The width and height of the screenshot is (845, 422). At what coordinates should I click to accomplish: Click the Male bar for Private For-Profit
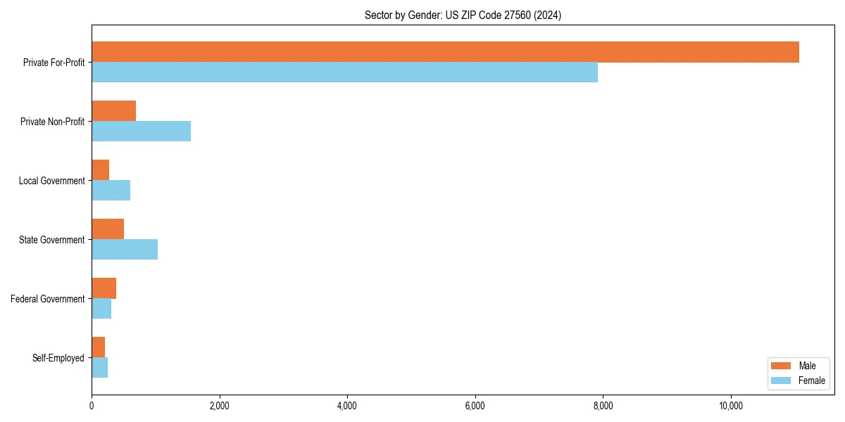tap(445, 52)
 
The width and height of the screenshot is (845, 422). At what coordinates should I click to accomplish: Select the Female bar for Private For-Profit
tap(344, 72)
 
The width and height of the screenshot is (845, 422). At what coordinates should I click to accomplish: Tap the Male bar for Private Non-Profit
tap(113, 111)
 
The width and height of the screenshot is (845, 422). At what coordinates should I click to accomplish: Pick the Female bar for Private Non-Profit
tap(141, 132)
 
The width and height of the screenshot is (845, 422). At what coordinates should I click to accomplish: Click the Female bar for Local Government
tap(111, 191)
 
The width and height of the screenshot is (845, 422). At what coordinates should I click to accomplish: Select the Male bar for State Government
tap(108, 229)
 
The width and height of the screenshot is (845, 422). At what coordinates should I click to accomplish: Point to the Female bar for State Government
tap(125, 250)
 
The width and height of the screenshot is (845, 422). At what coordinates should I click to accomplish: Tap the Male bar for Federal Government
tap(104, 288)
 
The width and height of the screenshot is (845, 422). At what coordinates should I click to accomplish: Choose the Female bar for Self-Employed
tap(99, 368)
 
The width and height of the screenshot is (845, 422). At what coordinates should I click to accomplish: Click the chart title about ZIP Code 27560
tap(463, 15)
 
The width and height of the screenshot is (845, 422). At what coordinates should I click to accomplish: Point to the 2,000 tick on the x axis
tap(220, 406)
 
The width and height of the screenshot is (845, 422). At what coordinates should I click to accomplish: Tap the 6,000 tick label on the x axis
tap(475, 406)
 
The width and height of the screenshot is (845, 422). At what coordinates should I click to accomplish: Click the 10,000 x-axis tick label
tap(731, 406)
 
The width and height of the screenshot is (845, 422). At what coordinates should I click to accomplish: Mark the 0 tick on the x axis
tap(92, 406)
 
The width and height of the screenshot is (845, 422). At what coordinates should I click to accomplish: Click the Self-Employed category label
tap(58, 358)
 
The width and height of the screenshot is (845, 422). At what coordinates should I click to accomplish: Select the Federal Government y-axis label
tap(48, 299)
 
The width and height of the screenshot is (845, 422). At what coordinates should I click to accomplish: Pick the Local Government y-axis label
tap(52, 181)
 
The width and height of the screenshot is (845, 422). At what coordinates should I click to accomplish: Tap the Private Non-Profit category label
tap(53, 122)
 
